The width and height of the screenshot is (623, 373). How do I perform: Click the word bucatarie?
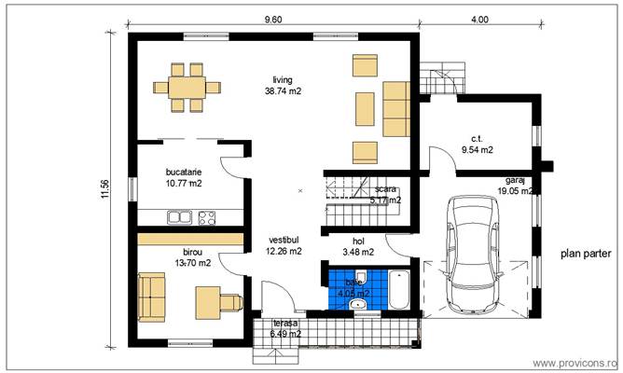[183, 172]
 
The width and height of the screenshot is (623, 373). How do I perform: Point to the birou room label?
[192, 251]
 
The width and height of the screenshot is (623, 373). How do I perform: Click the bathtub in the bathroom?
[398, 288]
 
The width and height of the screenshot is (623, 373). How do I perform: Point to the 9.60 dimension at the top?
[273, 19]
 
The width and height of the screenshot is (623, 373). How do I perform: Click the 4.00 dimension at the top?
[478, 19]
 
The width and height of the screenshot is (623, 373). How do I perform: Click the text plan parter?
[585, 253]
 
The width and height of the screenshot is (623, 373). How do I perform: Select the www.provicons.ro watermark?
[574, 361]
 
